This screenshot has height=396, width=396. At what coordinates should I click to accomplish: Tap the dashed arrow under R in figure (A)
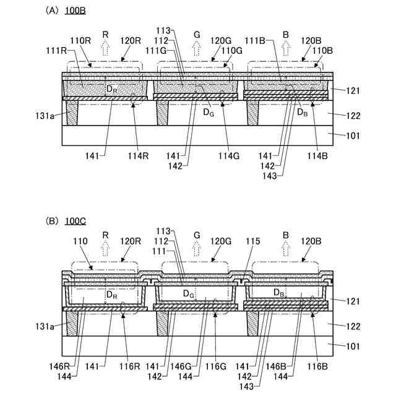105,48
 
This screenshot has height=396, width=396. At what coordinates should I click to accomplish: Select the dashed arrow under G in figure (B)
197,249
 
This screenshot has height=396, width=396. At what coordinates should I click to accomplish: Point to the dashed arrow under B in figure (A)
286,48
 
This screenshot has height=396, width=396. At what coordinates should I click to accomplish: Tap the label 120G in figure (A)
221,40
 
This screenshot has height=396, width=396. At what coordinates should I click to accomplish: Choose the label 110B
323,51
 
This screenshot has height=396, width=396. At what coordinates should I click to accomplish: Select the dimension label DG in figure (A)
208,113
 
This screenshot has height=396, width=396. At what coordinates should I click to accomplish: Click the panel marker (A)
52,11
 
